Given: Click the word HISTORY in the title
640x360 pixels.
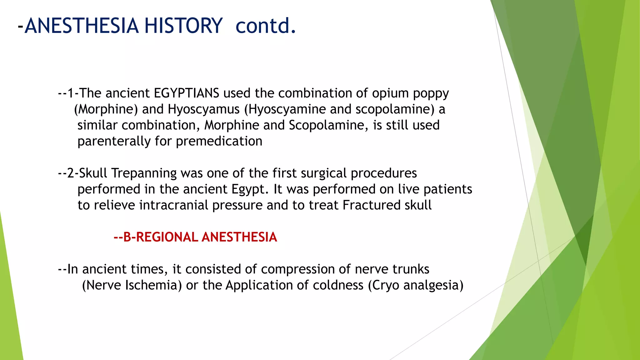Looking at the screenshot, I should tap(183, 26).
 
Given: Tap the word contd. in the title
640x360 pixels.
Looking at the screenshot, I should tap(265, 26).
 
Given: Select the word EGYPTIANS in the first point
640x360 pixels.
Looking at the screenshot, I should tap(187, 93).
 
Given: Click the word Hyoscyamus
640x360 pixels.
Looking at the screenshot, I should tap(204, 109).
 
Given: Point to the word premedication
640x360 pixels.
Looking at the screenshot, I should tap(219, 141).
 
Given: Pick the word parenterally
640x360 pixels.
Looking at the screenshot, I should tap(114, 141).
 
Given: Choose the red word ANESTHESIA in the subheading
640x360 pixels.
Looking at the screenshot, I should tap(239, 237).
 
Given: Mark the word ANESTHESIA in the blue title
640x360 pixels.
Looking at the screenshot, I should tap(81, 26).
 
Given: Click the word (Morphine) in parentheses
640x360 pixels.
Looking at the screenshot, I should tap(106, 109).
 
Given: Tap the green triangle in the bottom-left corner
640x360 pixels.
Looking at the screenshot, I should tap(9, 312).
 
